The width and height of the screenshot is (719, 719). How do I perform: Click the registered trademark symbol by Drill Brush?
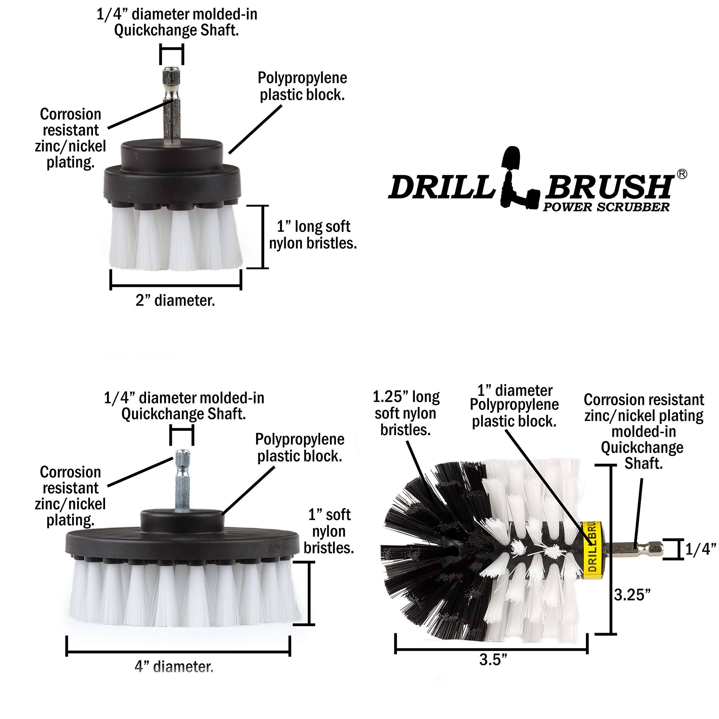point(682,174)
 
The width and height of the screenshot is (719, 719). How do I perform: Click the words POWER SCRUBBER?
point(606,207)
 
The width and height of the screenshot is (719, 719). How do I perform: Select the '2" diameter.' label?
point(175,300)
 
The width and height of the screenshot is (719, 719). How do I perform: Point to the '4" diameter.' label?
point(174,666)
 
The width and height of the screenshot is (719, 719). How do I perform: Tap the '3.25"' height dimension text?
point(632,595)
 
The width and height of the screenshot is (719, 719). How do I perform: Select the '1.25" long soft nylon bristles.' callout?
point(406,413)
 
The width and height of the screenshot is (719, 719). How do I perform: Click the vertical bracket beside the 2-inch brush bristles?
point(263,237)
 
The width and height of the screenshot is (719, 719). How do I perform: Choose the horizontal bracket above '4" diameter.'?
point(178,652)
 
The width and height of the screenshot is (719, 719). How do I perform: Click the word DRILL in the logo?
point(441,188)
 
